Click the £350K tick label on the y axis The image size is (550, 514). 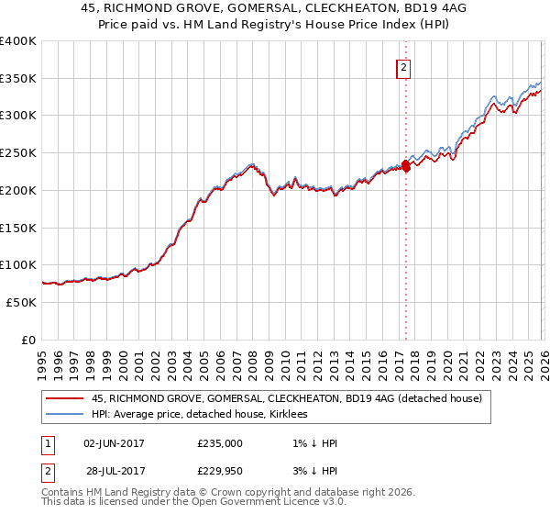point(18,78)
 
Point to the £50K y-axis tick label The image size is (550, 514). point(21,302)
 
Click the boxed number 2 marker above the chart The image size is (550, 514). point(403,66)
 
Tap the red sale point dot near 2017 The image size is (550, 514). point(405,166)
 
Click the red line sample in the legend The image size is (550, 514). point(66,398)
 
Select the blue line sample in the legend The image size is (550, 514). point(66,414)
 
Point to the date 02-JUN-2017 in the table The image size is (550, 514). point(114,443)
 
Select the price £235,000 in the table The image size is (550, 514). point(220,443)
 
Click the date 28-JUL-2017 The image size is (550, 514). point(114,471)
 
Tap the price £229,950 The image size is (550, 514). point(220,471)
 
